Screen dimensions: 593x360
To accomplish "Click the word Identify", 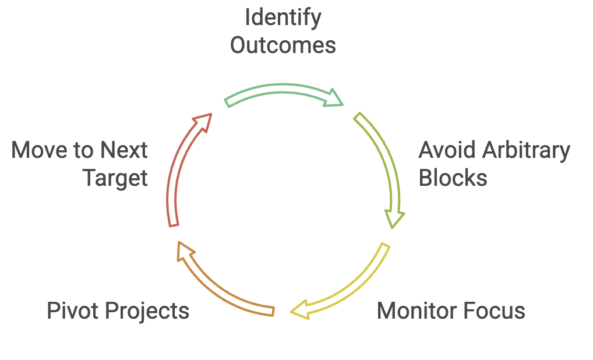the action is [x=283, y=18].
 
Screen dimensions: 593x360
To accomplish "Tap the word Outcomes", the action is [x=283, y=45].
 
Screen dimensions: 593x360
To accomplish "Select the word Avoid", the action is [x=447, y=150].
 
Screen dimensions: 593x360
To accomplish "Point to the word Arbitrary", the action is [x=526, y=151].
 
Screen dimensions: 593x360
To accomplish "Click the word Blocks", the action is [x=453, y=178].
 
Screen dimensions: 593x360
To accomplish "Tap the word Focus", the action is [x=494, y=311].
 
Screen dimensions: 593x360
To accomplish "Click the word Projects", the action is [x=147, y=312].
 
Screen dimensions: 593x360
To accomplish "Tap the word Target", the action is [x=115, y=178].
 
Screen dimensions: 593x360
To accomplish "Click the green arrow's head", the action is [x=334, y=98].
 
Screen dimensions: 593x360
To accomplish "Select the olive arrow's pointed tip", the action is [x=393, y=228].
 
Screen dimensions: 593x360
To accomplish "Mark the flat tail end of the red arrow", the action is [x=174, y=225].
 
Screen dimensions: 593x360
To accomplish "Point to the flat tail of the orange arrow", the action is [x=273, y=311].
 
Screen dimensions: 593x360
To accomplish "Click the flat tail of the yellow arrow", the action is [x=385, y=245].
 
